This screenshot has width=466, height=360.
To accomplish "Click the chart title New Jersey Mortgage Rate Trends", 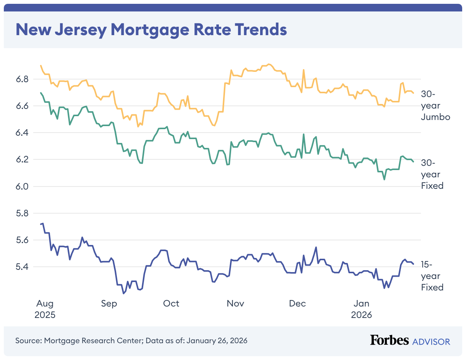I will click(151, 30).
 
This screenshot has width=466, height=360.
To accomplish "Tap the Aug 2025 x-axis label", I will click(45, 309).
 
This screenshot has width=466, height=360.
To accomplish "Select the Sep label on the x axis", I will click(109, 303).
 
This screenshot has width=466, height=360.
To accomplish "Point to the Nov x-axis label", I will click(235, 303).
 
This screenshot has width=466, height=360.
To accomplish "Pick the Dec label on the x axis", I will click(297, 303).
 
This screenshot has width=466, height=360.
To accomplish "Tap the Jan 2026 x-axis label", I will click(361, 309).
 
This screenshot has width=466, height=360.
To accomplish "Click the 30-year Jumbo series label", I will click(435, 105).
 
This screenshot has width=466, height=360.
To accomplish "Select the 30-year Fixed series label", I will click(432, 175).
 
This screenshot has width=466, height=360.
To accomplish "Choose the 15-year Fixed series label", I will click(432, 276).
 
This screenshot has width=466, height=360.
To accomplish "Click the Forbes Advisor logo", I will click(410, 341).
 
